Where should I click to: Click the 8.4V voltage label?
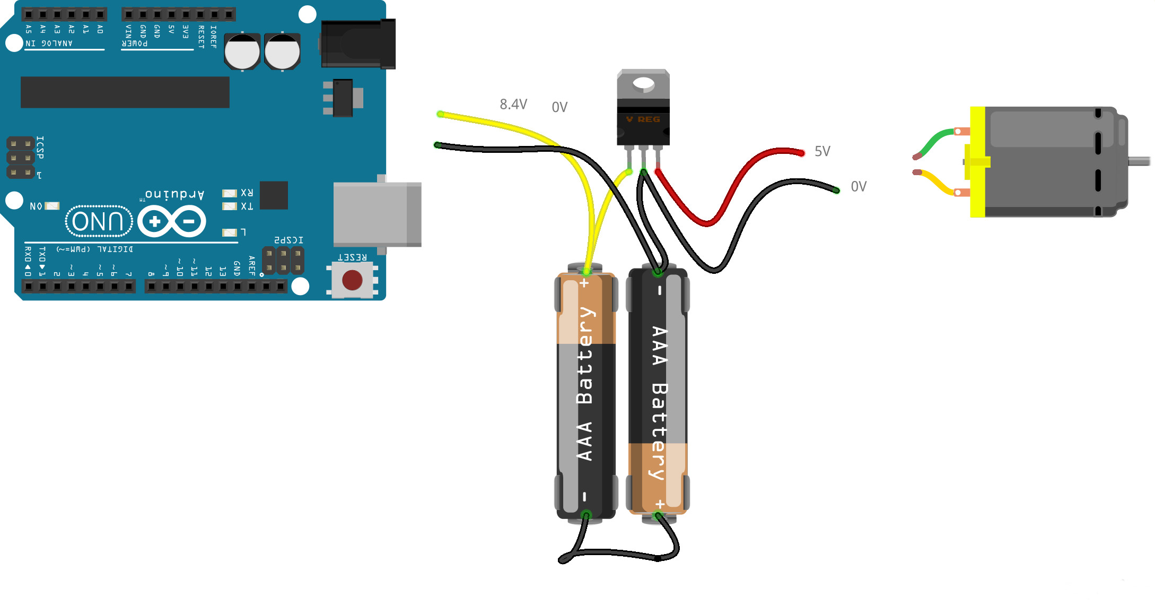pos(513,104)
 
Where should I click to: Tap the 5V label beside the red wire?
pos(822,151)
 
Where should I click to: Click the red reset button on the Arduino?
pos(352,280)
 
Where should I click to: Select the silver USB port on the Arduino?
pos(377,214)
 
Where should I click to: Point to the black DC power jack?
pos(358,44)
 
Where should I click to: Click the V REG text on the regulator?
pos(643,119)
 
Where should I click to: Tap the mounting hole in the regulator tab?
pos(643,83)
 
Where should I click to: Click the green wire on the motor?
pos(936,140)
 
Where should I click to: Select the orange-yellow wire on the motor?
pos(936,183)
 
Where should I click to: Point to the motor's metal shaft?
pos(1139,161)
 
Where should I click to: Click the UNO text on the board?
pos(98,221)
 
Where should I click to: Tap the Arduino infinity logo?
pos(172,221)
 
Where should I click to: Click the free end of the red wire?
pos(802,153)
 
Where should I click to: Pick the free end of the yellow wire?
pos(441,114)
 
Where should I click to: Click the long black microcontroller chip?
pos(125,92)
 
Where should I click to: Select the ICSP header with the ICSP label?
pos(21,158)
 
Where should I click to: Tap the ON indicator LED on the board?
pos(52,206)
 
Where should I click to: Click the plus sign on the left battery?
pos(584,283)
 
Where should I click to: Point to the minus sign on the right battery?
pos(659,291)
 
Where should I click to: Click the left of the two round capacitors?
pos(242,52)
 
